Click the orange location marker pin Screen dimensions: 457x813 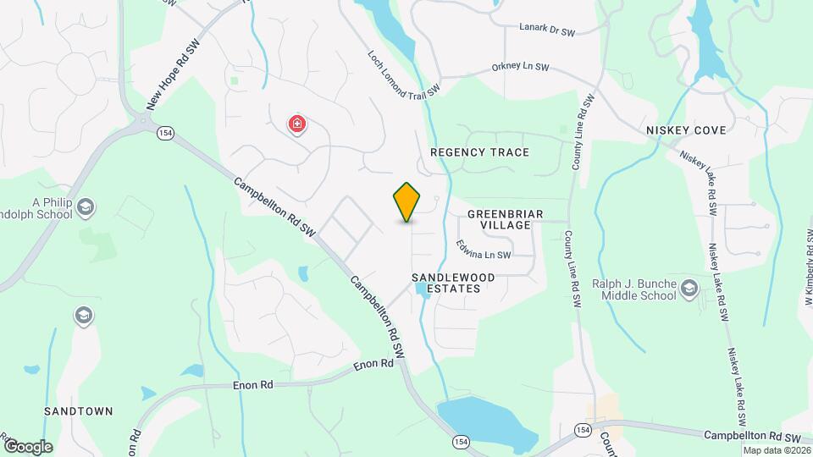(407, 202)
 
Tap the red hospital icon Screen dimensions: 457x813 (297, 125)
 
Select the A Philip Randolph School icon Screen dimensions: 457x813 (86, 206)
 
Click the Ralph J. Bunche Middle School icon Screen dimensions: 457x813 (689, 289)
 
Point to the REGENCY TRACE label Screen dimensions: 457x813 (479, 152)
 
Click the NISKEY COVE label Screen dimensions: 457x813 (686, 130)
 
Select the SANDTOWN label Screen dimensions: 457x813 (79, 411)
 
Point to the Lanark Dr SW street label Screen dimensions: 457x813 (547, 30)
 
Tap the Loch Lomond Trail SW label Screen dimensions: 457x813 (404, 72)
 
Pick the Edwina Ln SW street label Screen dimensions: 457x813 (484, 250)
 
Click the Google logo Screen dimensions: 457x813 (28, 446)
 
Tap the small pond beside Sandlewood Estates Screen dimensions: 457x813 (421, 290)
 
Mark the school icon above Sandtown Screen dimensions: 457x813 (83, 317)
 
